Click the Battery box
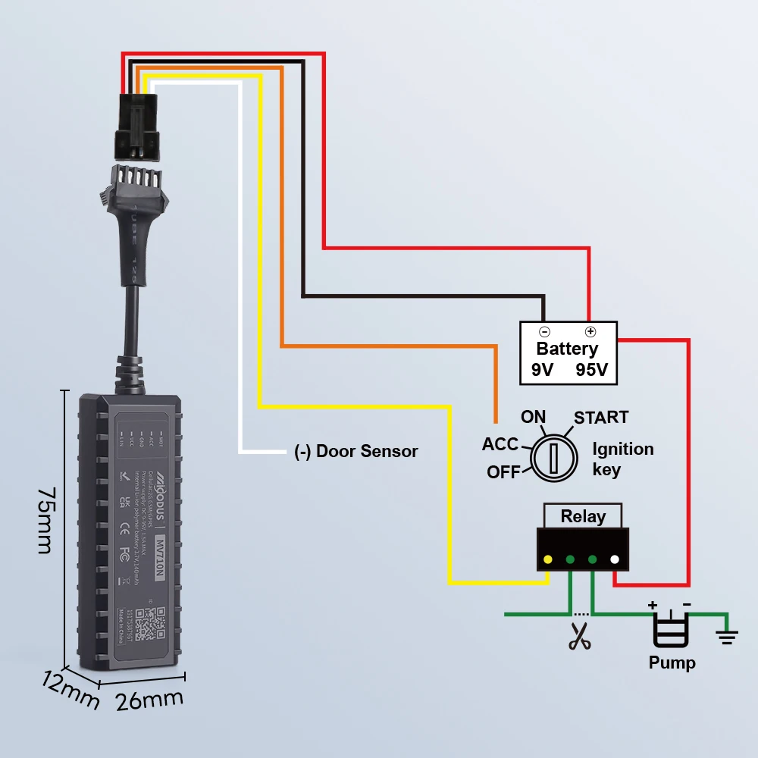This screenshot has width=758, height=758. coord(568,353)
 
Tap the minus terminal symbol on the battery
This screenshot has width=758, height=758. coord(544,332)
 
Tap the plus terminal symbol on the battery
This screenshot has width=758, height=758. coord(590,332)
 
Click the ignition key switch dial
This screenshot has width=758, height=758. coord(553,458)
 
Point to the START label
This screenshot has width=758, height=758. coord(601,418)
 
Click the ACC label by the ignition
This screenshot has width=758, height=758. coord(500,444)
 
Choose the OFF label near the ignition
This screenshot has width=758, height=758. coord(504,471)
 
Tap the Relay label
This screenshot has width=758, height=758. coord(583,517)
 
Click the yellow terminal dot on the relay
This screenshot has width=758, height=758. coord(547,561)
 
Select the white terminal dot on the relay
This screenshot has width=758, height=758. coord(615,561)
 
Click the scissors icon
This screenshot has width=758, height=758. coord(581,637)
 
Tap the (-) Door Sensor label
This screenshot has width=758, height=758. coord(356,452)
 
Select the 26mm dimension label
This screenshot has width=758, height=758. coord(149,700)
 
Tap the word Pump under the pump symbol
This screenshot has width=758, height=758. coord(672,663)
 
